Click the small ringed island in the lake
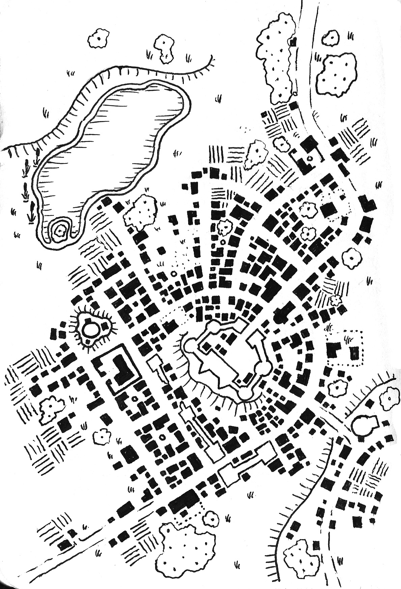(x=60, y=231)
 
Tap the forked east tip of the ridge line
(x=212, y=60)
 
